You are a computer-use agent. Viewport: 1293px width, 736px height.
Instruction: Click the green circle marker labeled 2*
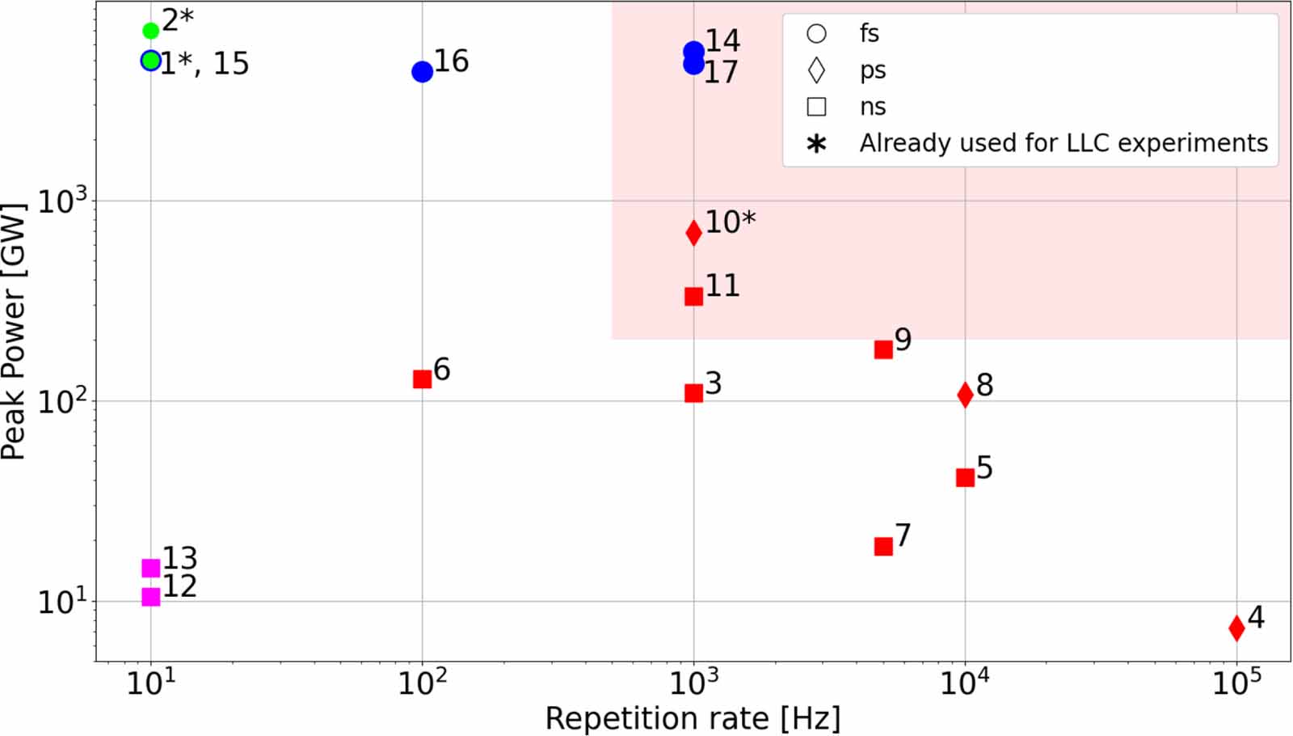(150, 31)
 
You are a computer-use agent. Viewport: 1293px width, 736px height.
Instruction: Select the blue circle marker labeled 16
(423, 72)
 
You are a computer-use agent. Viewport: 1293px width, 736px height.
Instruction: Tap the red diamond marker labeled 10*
(694, 233)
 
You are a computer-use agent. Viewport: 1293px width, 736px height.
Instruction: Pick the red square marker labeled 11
(694, 296)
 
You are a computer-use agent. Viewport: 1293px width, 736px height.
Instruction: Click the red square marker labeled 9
(884, 349)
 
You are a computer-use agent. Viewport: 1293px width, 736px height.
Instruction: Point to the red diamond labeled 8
(965, 395)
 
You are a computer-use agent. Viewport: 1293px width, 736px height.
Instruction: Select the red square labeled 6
(423, 379)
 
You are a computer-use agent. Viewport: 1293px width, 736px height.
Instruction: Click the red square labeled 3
(694, 393)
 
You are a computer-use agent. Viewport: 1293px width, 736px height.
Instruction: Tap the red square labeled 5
(965, 477)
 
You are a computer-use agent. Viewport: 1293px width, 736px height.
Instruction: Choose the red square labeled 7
(884, 546)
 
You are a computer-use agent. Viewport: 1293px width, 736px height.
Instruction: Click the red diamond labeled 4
(1236, 628)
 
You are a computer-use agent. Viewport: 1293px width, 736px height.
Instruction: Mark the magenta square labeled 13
(150, 568)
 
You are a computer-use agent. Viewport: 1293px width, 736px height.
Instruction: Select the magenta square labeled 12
(150, 596)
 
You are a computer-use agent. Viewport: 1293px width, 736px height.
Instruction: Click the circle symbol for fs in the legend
(816, 33)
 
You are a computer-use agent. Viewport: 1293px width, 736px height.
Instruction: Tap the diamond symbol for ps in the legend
(816, 70)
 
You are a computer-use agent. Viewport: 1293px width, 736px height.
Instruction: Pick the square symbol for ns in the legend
(816, 107)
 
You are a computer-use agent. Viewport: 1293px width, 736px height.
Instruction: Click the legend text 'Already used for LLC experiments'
(1063, 142)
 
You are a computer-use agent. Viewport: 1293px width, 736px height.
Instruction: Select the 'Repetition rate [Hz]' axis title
(693, 719)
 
